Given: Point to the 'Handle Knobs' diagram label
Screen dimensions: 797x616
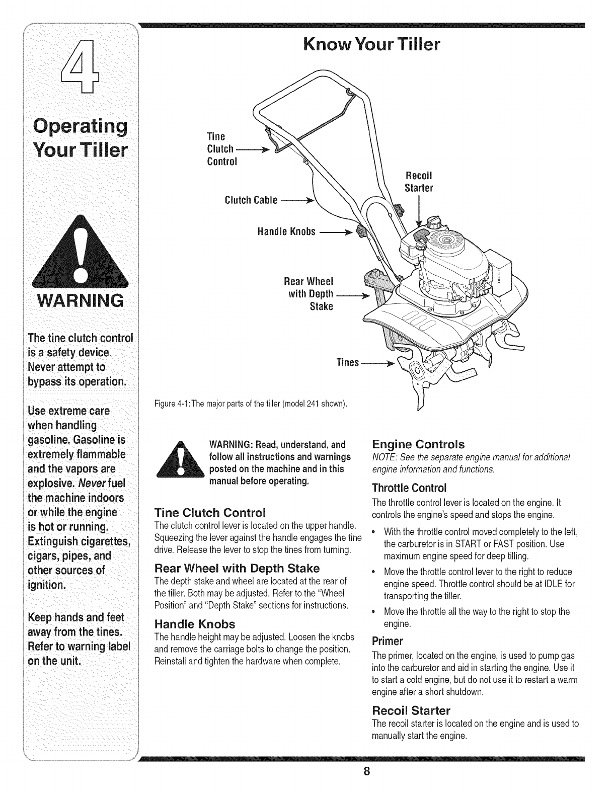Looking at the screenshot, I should click(x=286, y=231).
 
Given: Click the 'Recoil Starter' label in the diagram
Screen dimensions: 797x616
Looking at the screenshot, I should click(x=419, y=182).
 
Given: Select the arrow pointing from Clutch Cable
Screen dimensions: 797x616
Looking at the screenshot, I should click(x=297, y=200).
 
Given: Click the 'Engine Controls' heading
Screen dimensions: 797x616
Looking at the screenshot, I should click(x=418, y=444).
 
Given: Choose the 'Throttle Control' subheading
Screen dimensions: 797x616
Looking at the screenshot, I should click(x=409, y=488).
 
